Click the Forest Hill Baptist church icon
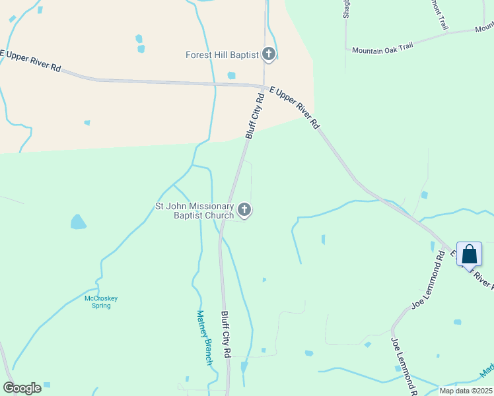[x=268, y=54]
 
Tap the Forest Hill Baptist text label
[x=222, y=55]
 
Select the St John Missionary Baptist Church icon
[x=244, y=211]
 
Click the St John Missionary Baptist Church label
[x=194, y=211]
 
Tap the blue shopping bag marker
[x=469, y=255]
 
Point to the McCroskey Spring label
[x=101, y=302]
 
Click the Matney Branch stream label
[x=205, y=337]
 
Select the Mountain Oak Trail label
[x=382, y=49]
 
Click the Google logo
[x=22, y=388]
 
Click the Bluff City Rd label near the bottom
[x=225, y=335]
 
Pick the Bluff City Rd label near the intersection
[x=254, y=115]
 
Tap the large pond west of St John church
[x=78, y=222]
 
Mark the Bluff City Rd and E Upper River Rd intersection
[x=263, y=86]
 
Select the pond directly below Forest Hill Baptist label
[x=231, y=75]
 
